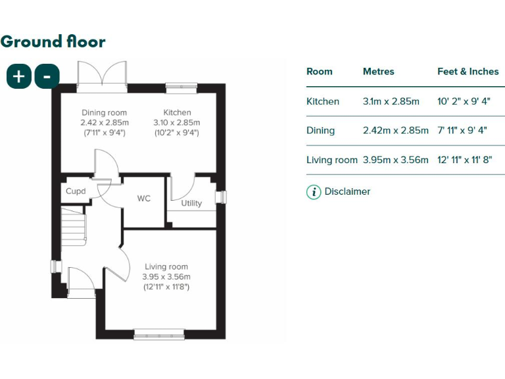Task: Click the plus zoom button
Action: pos(19,76)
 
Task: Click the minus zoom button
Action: pos(47,76)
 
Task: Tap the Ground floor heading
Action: pos(53,41)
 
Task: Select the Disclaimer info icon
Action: pos(314,192)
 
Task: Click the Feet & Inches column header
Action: pos(468,72)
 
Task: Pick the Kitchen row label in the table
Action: pos(323,101)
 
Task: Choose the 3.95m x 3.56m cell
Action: pos(395,160)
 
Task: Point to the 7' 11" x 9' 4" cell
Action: pos(462,130)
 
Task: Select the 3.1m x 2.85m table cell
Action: pos(391,101)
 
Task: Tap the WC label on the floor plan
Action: pos(144,198)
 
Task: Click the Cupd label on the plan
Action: pos(76,191)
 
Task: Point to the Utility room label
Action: pos(191,203)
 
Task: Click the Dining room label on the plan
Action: pos(104,113)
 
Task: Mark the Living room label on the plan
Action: pos(166,266)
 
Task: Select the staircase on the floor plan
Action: pos(74,226)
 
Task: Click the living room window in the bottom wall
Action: pos(159,335)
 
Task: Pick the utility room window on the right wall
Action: pos(223,197)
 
